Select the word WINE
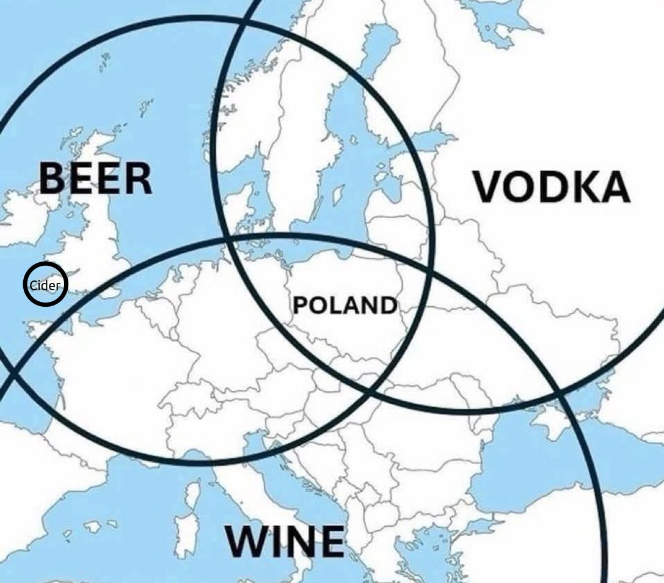(x=285, y=541)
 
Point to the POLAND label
(x=345, y=304)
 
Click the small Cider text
(x=45, y=284)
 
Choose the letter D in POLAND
(x=386, y=304)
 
